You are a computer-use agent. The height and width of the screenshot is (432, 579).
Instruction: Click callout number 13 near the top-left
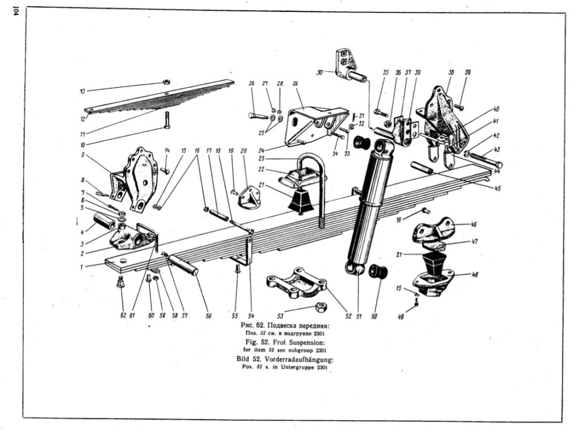(83, 91)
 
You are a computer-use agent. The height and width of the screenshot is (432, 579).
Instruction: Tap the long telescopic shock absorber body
(370, 204)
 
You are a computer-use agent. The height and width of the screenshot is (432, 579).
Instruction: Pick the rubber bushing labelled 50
(377, 271)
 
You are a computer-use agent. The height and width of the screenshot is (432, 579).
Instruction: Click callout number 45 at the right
(498, 189)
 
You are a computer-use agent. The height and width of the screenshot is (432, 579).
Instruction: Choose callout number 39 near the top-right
(467, 72)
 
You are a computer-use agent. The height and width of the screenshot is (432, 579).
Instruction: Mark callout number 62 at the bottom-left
(123, 315)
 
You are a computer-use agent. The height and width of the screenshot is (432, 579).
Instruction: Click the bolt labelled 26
(257, 116)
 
